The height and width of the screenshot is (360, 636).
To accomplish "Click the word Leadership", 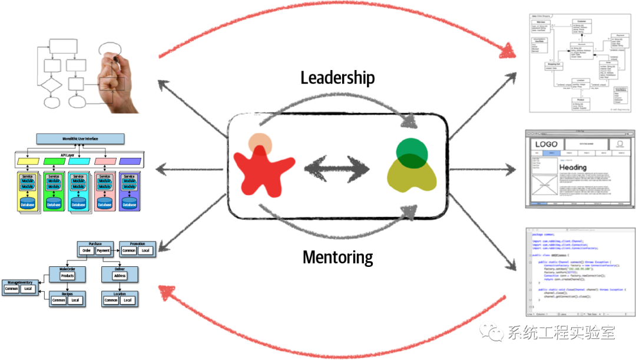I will (337, 77).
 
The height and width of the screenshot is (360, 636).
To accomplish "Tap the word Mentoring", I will (337, 257).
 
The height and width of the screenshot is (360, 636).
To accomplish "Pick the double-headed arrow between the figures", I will (337, 169).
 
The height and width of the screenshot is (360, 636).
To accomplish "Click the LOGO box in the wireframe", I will (546, 145).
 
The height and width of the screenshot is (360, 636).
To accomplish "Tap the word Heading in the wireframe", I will (573, 168).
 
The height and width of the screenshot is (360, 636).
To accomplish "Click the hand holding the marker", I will (118, 82).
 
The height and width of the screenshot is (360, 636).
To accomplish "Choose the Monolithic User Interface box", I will (80, 139).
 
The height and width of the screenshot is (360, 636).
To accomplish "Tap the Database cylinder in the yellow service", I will (27, 204).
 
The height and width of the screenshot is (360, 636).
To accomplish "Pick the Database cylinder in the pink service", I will (104, 204).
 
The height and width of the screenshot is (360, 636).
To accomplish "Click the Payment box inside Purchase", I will (103, 251).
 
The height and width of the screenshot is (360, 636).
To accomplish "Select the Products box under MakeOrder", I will (67, 276).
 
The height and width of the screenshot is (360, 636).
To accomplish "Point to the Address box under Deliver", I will (120, 276).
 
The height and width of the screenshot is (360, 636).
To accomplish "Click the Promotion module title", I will (137, 244).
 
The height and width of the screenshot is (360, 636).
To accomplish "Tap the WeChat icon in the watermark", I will (490, 333).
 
